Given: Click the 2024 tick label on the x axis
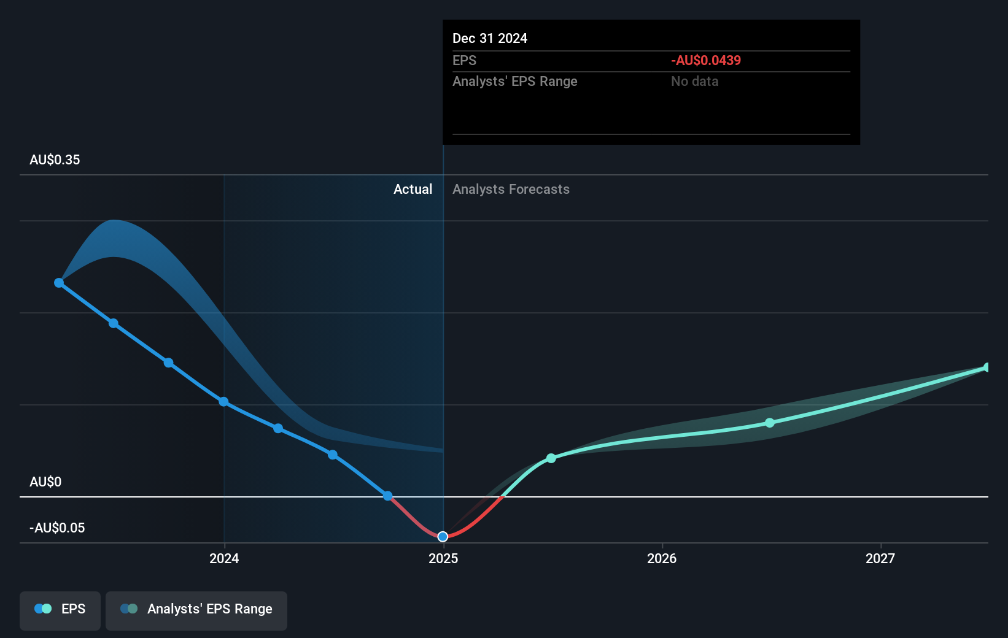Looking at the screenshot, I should (224, 558).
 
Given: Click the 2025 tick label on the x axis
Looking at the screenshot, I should (443, 558).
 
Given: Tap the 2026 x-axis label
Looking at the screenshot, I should (662, 558).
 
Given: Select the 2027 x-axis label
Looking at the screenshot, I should (880, 558).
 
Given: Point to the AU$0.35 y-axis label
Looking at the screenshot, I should (55, 160).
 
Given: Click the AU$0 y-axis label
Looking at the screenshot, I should (45, 482).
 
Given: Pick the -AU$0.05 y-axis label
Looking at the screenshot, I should (57, 528).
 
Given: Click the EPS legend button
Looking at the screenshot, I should (60, 609).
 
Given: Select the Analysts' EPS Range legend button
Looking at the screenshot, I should (196, 609).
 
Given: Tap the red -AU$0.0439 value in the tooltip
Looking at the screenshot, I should (706, 61).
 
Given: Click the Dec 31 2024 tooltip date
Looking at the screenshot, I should (490, 39).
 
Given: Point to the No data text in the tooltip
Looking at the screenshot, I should (694, 82).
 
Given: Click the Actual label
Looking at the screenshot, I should (413, 190).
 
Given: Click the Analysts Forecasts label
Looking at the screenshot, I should (511, 190).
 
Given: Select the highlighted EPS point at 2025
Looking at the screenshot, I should (443, 537).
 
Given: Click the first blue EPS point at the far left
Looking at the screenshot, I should (59, 283).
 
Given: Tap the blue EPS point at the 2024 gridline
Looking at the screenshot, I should (224, 402).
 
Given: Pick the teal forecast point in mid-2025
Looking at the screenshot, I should (551, 458).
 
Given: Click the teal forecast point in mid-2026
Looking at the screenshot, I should (770, 423).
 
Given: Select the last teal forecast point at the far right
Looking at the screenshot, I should (987, 367).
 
